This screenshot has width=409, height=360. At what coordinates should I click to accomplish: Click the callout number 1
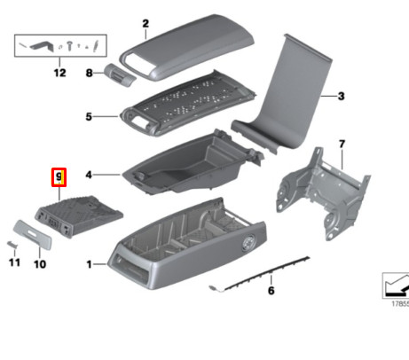tap(89, 264)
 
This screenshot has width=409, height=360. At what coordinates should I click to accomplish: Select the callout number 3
tap(340, 96)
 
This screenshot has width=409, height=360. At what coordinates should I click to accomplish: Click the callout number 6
tap(271, 291)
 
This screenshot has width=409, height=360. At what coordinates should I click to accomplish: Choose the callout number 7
tap(340, 143)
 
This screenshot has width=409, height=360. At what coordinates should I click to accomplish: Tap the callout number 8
tap(89, 75)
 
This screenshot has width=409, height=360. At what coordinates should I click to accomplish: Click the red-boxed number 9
tap(59, 177)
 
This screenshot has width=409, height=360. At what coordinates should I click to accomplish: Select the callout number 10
tap(39, 263)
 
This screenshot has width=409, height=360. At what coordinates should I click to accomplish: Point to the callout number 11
tap(13, 262)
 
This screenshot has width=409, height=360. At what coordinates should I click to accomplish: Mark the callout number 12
tap(59, 73)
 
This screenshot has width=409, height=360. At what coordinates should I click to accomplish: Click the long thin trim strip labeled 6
tap(266, 271)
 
